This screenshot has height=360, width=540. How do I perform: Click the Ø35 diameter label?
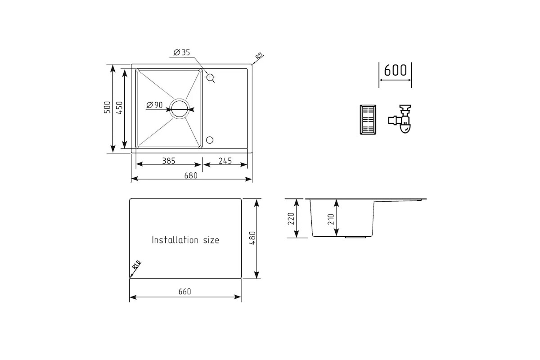[x=181, y=52]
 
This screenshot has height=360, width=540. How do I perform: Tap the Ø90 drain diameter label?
[x=154, y=105]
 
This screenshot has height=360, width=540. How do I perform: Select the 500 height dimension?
[x=107, y=107]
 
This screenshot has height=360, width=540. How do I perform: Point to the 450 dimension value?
[x=119, y=108]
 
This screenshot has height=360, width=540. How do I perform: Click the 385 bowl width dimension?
[x=168, y=161]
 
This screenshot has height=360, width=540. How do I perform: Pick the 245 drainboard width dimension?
[x=225, y=161]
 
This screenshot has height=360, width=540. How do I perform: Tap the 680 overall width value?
[x=191, y=175]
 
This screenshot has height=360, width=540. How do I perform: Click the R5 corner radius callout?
[x=259, y=56]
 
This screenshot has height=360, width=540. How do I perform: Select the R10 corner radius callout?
[x=136, y=265]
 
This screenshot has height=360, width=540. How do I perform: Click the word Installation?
[x=175, y=240]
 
